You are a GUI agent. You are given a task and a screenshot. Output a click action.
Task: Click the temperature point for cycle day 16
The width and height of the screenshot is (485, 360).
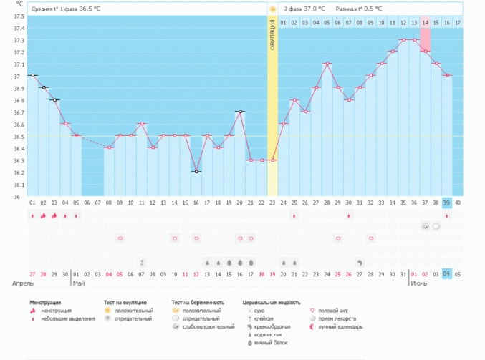point(196,172)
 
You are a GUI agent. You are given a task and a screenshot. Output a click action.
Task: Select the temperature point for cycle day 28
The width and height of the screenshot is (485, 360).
point(327,64)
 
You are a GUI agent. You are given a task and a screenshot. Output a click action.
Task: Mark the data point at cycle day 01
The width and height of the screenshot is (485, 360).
point(32,75)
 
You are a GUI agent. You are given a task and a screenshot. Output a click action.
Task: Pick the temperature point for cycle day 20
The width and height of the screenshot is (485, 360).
point(240,112)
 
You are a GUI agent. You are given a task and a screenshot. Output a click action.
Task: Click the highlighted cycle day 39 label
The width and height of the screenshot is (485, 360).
point(446,203)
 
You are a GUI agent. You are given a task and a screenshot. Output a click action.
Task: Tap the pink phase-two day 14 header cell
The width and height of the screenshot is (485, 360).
point(426,23)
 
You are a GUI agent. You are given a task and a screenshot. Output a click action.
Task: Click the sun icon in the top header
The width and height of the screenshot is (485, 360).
point(272,9)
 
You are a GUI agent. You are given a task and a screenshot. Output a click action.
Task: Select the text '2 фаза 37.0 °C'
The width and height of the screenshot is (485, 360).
point(304,9)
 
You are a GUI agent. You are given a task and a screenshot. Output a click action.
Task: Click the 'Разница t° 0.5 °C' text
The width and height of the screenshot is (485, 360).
point(359,9)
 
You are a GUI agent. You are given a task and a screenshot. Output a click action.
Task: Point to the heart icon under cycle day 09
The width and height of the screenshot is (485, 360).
point(120,238)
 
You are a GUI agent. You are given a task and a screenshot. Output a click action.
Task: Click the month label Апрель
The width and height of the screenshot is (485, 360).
point(22,283)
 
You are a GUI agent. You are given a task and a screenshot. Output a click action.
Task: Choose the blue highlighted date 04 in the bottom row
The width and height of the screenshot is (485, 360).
point(446,273)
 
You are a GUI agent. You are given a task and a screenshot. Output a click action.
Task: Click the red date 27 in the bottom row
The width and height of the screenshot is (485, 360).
point(32,273)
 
